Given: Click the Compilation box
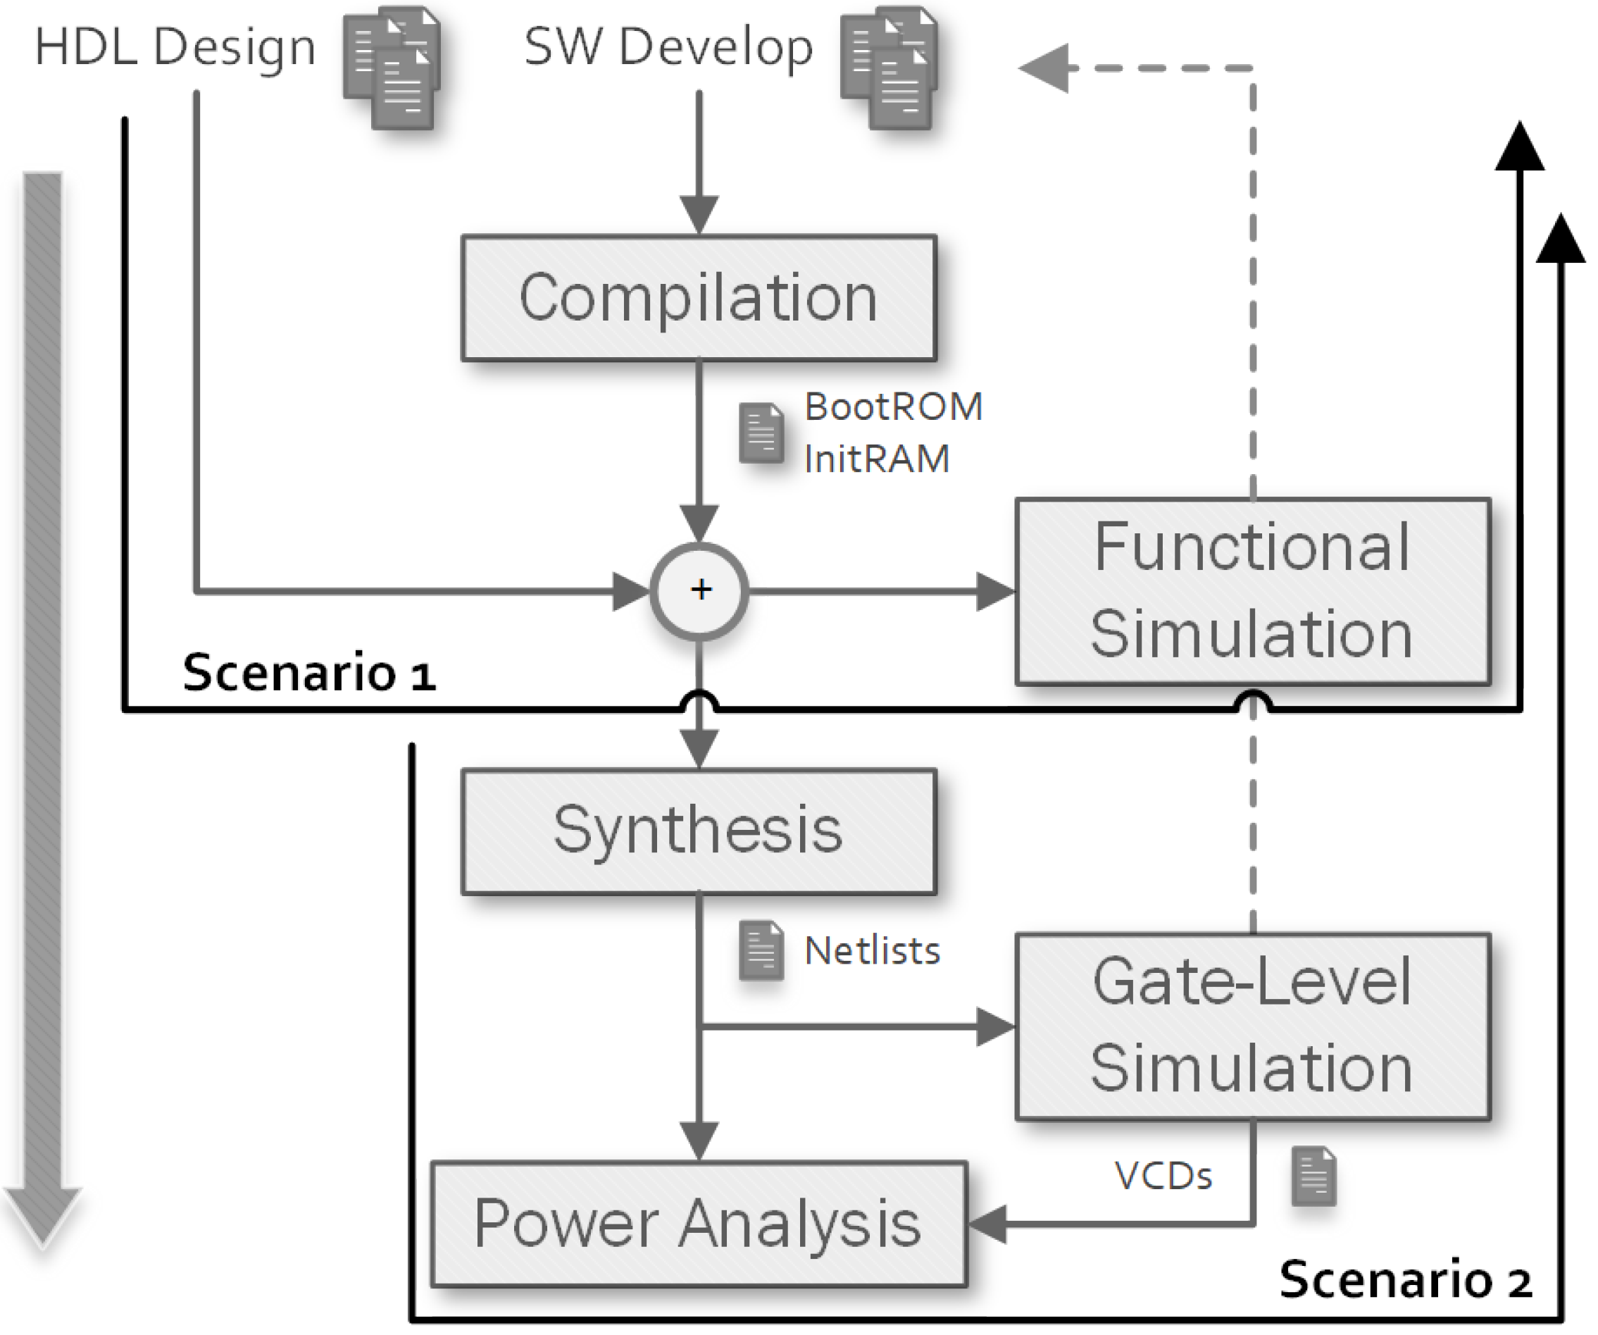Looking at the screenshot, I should coord(699,297).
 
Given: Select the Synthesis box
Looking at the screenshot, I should coord(699,831).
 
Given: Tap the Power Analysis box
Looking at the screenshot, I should coord(699,1223).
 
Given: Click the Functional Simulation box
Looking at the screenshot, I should coord(1252,591).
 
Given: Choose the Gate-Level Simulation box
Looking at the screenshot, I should coord(1252,1025).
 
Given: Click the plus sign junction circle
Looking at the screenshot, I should coord(699,590).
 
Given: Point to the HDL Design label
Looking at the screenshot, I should coord(175,47).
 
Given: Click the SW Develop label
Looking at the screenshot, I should coord(669,47).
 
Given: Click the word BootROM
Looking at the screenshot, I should coord(893,406).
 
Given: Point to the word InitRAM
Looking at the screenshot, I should coord(877,459).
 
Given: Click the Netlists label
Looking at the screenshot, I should coord(872,950).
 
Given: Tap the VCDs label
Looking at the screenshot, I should coord(1163,1176).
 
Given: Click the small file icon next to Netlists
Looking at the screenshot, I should coord(761,950).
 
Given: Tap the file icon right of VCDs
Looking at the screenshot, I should coord(1314,1176).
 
